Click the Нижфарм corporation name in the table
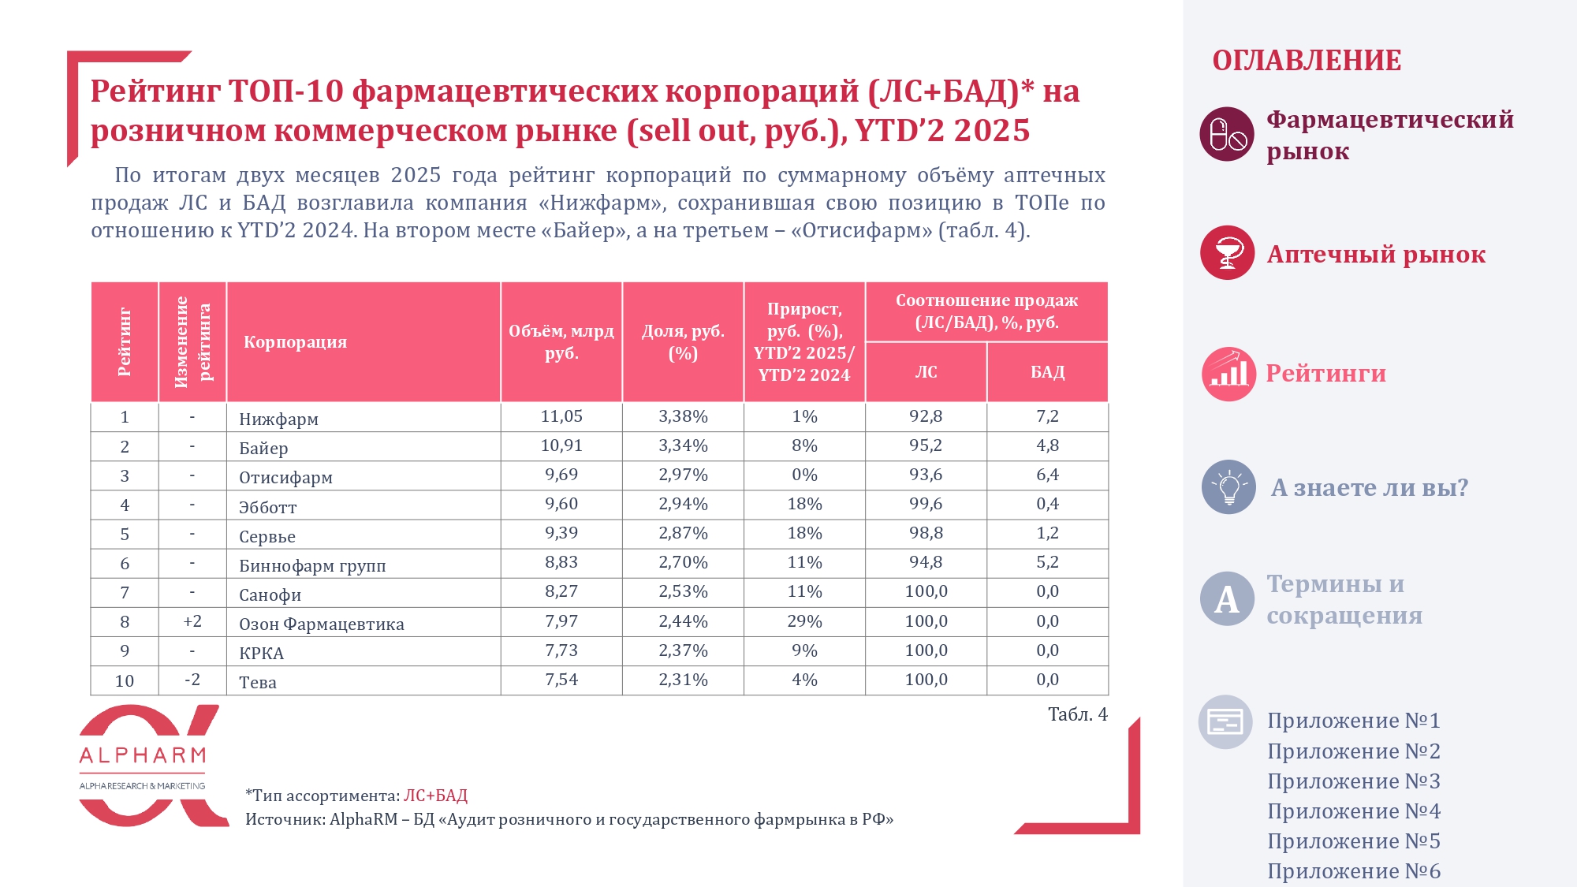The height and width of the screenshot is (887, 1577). (278, 419)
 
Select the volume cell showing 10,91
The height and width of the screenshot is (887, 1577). (561, 445)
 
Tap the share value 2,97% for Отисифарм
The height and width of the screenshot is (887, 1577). (683, 475)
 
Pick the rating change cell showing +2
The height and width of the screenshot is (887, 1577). (192, 621)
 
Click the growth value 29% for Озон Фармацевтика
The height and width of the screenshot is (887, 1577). (804, 621)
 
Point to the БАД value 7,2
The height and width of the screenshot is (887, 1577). (1047, 416)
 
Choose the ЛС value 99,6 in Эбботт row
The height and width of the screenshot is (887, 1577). (926, 504)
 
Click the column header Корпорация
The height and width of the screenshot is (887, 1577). (295, 342)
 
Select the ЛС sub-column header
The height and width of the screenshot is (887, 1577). (926, 372)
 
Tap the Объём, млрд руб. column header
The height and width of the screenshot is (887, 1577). (561, 342)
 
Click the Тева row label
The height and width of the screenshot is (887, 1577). (258, 682)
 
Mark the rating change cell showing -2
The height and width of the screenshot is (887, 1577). (192, 680)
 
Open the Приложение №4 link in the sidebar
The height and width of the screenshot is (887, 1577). (1353, 811)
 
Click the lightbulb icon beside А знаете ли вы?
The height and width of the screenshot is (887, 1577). (1228, 487)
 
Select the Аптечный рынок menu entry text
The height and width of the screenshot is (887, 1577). (1376, 255)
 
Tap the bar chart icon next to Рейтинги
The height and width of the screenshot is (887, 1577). (1228, 374)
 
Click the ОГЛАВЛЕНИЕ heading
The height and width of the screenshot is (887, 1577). (1307, 61)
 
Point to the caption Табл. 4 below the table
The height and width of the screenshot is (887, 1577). (1077, 714)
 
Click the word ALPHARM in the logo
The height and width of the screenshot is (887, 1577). (143, 756)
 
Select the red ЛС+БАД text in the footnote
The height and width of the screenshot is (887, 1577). (435, 796)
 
